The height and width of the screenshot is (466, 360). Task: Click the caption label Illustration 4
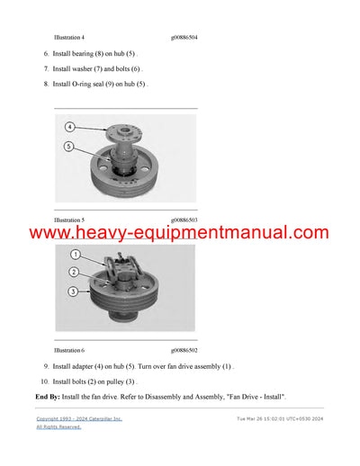pos(69,38)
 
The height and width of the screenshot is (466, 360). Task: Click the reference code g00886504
pos(184,38)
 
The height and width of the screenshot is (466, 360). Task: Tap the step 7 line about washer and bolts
pos(96,68)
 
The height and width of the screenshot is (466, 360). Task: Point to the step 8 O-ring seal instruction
pos(100,84)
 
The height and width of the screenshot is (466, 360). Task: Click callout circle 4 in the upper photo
pos(69,127)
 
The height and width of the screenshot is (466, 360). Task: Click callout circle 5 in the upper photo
pos(69,146)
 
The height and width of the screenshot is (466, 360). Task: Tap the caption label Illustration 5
pos(69,220)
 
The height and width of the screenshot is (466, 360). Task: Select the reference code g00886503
pos(184,220)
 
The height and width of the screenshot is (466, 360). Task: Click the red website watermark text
pos(179,234)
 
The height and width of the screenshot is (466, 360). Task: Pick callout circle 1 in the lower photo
pos(75,255)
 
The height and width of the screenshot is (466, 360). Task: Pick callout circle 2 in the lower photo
pos(75,272)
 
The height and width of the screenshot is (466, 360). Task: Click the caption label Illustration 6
pos(69,349)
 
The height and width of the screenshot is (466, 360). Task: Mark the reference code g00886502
pos(184,349)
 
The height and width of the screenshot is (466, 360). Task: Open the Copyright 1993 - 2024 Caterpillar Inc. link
pos(79,419)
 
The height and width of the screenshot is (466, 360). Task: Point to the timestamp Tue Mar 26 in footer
pos(280,419)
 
